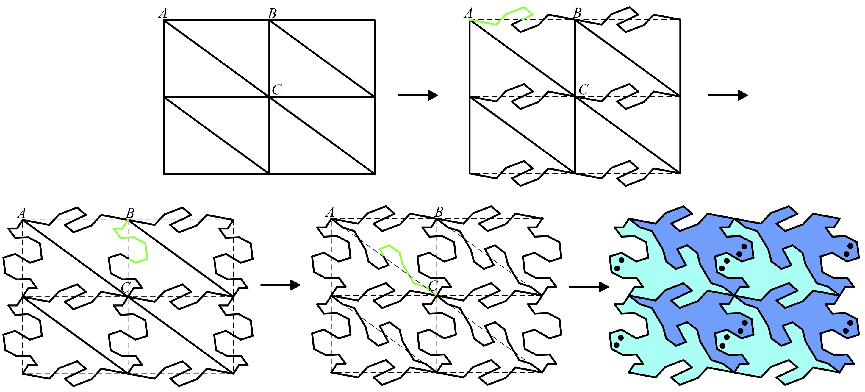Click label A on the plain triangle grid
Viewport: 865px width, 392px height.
tap(163, 13)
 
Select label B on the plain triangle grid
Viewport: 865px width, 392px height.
tap(272, 13)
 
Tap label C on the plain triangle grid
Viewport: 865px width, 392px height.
tap(276, 89)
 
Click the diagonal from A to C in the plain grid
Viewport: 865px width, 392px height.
tap(217, 59)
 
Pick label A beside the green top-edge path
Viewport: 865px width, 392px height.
tap(468, 13)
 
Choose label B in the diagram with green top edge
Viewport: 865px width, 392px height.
tap(577, 13)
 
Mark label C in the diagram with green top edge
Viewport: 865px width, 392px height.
tap(584, 89)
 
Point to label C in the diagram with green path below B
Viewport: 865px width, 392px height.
tap(126, 288)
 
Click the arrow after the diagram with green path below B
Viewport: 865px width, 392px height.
tap(280, 285)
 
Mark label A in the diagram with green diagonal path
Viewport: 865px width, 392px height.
tap(330, 212)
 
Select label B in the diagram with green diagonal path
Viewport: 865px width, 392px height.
tap(439, 212)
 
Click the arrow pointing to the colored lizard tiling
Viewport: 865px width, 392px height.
tap(589, 287)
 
